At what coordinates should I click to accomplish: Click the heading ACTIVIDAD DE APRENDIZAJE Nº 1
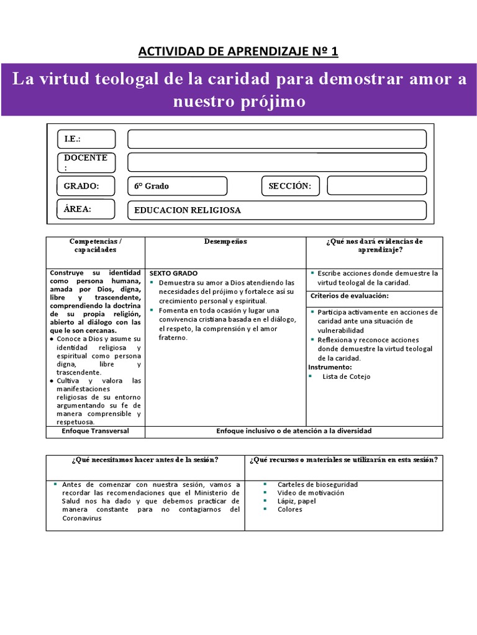(238, 51)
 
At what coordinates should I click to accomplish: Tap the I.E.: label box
(86, 139)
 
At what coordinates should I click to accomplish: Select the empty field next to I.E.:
(276, 139)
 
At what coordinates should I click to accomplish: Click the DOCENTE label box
(86, 162)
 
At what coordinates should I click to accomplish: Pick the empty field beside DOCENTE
(276, 162)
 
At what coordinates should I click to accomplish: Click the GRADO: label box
(86, 186)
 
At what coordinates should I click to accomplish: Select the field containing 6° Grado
(177, 186)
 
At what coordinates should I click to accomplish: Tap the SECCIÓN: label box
(290, 186)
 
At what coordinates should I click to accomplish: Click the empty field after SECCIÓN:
(376, 186)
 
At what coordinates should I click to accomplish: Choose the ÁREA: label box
(86, 209)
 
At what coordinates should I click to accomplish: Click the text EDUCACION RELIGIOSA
(188, 210)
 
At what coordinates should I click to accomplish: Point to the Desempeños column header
(225, 241)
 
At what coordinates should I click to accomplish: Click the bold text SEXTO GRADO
(173, 273)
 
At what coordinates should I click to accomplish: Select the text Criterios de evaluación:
(349, 295)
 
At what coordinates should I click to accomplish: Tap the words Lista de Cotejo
(347, 376)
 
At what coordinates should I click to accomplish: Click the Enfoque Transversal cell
(95, 431)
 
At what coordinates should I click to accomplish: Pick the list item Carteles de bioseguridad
(317, 484)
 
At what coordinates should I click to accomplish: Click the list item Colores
(290, 509)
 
